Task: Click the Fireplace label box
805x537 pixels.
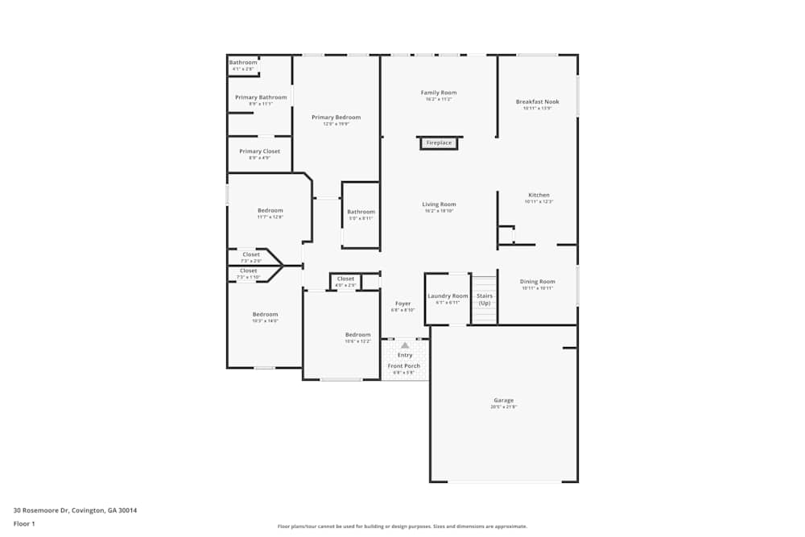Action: point(439,143)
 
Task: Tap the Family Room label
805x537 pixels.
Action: point(439,93)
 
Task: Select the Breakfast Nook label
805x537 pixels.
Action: point(537,102)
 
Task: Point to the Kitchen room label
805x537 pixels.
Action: point(539,196)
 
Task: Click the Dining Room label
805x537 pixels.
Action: point(537,282)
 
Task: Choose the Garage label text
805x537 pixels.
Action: point(503,400)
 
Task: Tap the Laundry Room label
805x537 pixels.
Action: point(448,296)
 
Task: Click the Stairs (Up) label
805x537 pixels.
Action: point(485,299)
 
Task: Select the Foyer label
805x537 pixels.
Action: point(402,304)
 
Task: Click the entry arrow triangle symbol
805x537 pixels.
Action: point(405,345)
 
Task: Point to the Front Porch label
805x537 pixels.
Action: point(404,366)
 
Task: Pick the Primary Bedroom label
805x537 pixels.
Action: point(336,118)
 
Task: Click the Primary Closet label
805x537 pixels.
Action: point(259,151)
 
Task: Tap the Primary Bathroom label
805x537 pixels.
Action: point(261,97)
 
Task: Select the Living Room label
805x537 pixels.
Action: point(439,204)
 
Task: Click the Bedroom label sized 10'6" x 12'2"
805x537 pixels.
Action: point(358,335)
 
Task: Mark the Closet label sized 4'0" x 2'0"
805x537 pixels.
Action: point(345,279)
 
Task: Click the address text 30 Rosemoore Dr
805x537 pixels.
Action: point(75,510)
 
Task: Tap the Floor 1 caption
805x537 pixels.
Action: point(24,523)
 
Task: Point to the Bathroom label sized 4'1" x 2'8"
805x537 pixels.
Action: point(243,63)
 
